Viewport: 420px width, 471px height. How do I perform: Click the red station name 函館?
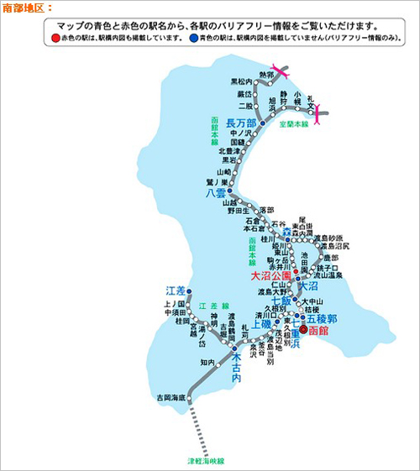tap(319, 332)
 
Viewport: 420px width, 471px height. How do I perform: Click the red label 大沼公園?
tap(271, 275)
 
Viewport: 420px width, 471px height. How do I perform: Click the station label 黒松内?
tap(241, 81)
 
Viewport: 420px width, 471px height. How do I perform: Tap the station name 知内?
tap(207, 362)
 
